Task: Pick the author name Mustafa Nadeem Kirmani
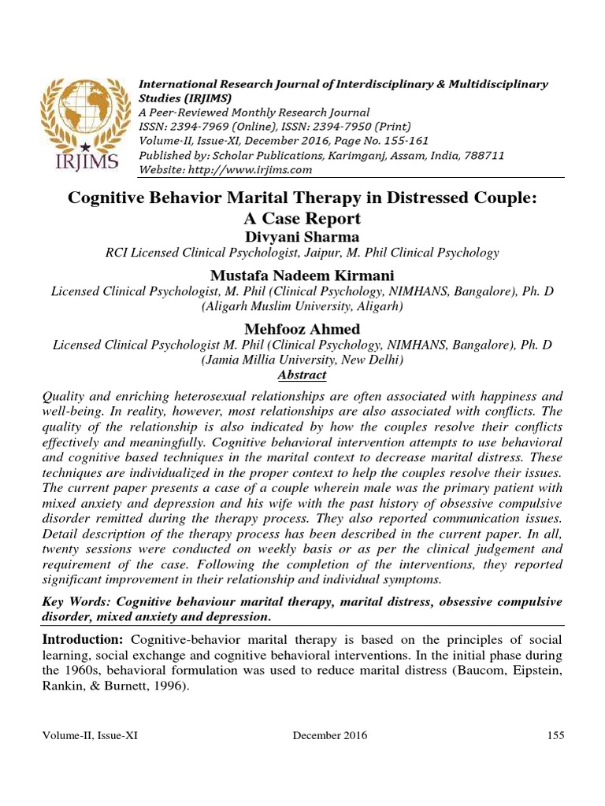click(x=302, y=275)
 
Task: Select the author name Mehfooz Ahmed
click(x=303, y=329)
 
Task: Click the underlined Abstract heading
click(x=302, y=375)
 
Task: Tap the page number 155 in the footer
click(x=555, y=735)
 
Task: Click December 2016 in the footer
click(x=329, y=735)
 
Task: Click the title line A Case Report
click(x=302, y=218)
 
